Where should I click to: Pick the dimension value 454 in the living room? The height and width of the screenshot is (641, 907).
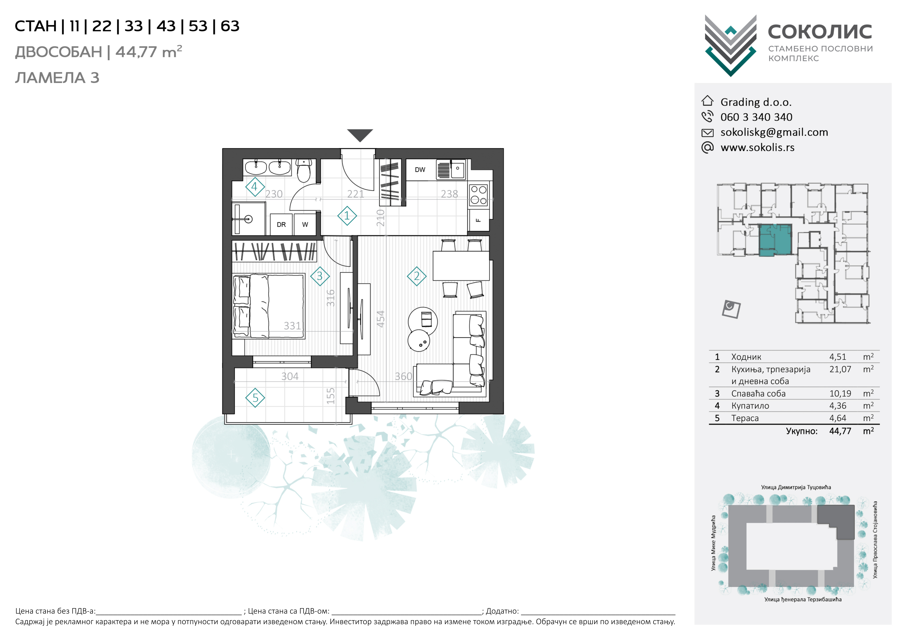point(380,319)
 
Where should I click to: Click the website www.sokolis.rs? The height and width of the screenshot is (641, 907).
point(757,147)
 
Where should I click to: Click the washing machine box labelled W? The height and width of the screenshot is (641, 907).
point(305,224)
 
